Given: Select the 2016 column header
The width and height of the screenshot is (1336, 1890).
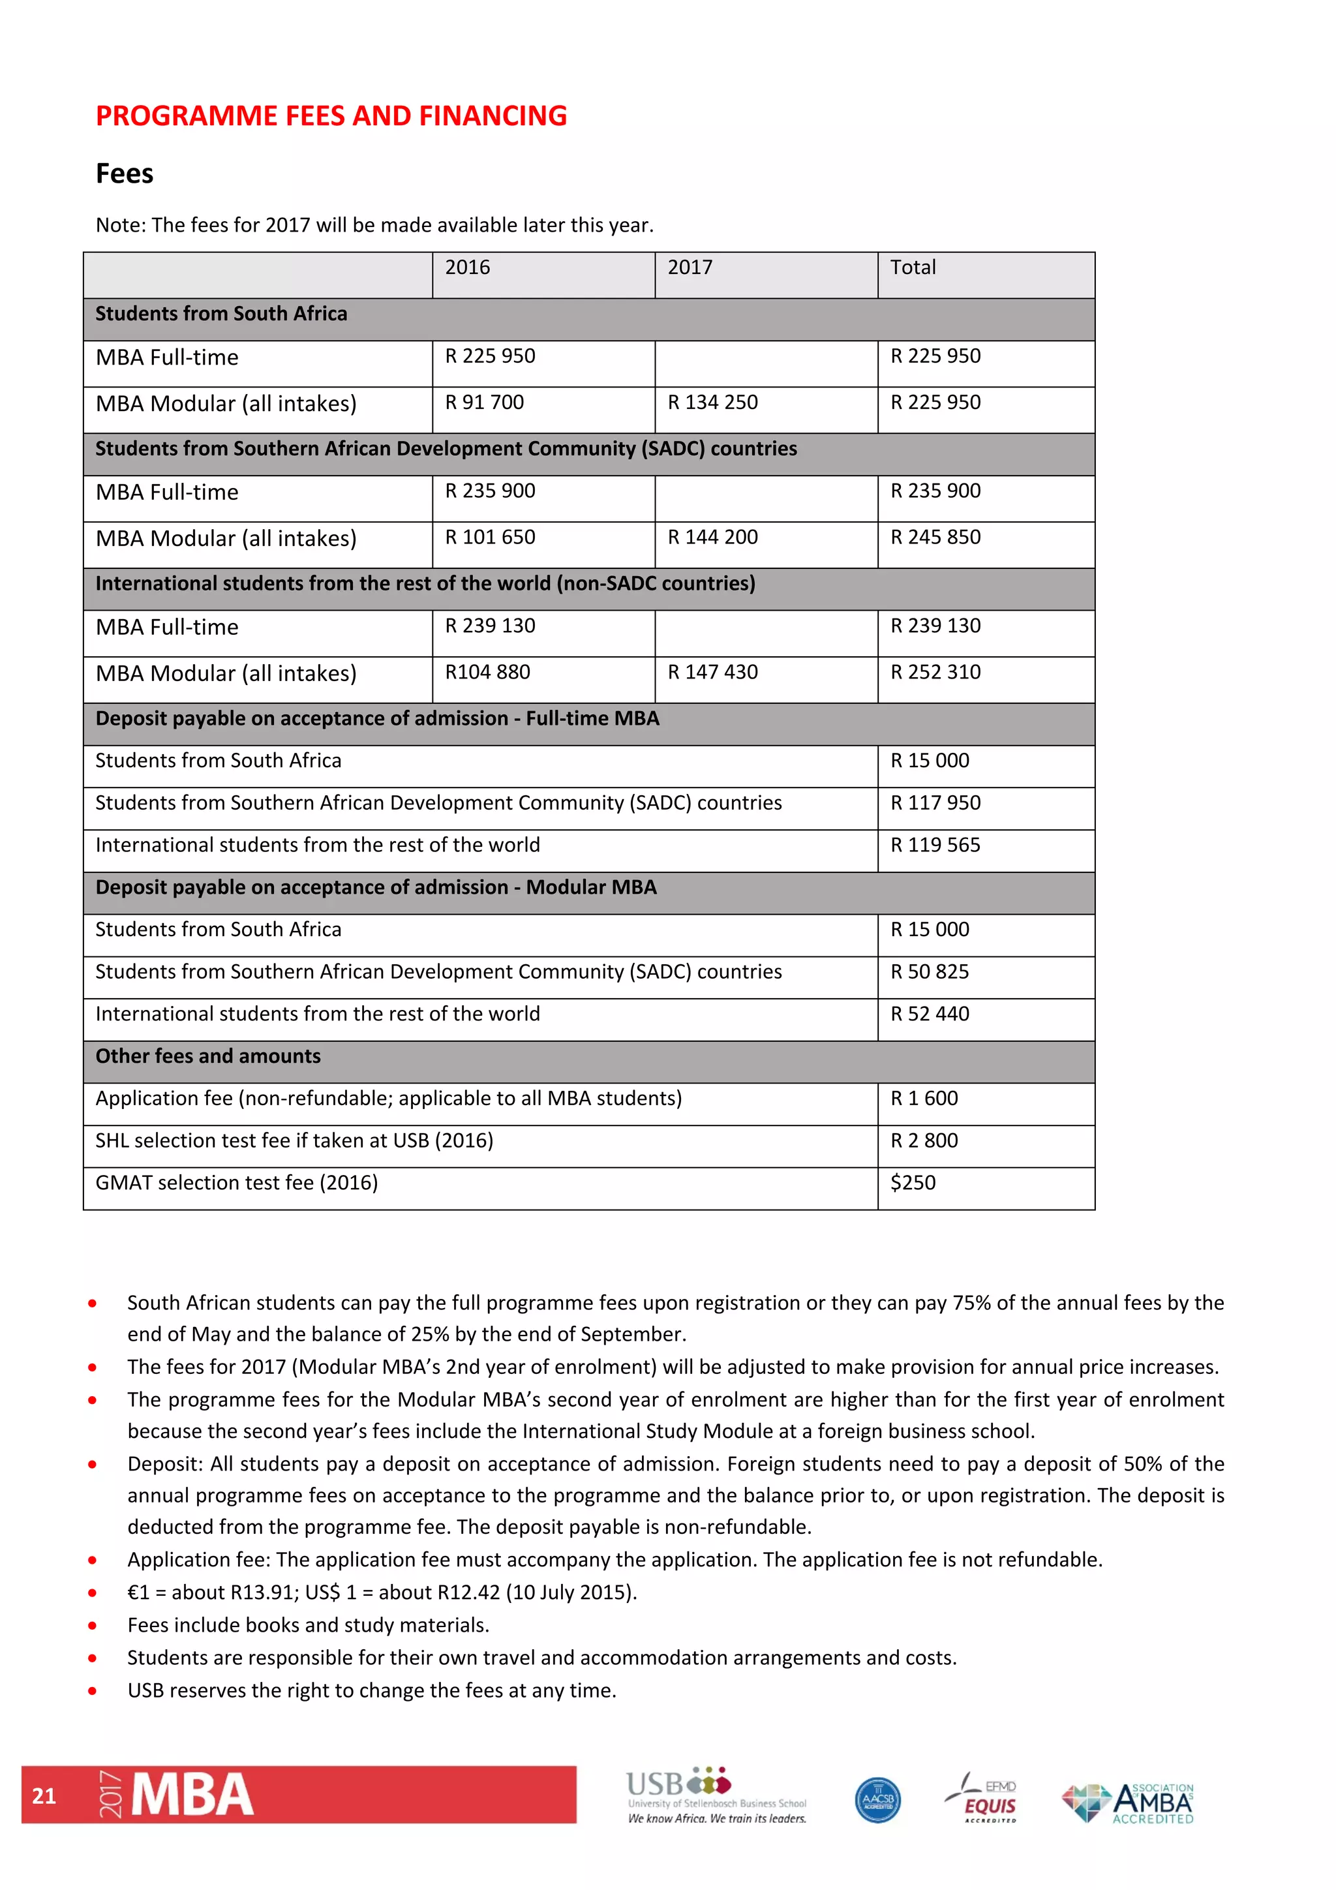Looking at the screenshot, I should click(x=468, y=267).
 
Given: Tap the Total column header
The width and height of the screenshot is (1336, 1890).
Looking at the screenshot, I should click(x=913, y=267).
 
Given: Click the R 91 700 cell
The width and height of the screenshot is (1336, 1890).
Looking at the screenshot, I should click(x=484, y=403).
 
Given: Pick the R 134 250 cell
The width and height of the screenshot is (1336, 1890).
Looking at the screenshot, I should click(x=712, y=403).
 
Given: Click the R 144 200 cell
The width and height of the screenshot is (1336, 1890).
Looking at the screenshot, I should click(x=712, y=538).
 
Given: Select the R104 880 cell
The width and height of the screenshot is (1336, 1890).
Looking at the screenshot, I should click(x=487, y=673).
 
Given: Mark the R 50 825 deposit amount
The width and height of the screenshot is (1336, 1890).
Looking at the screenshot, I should click(x=930, y=972).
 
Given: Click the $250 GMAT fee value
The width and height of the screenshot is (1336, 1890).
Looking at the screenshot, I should click(x=913, y=1183).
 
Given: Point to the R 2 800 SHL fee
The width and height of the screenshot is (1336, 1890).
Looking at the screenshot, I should click(x=924, y=1141).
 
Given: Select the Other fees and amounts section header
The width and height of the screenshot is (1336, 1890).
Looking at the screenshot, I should click(x=208, y=1056).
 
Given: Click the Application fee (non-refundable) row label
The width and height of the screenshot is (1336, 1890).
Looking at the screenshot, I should click(x=389, y=1099).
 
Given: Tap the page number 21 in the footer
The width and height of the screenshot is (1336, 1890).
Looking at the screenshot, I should click(x=44, y=1795).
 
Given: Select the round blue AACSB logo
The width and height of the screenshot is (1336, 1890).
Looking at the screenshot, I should click(x=877, y=1799).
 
